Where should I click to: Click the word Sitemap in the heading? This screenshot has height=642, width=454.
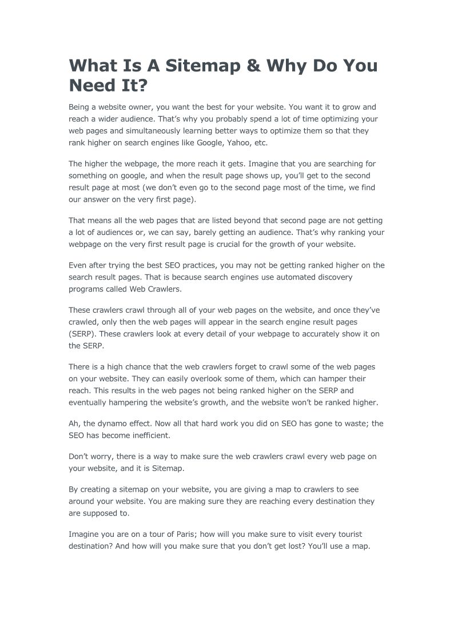(x=197, y=66)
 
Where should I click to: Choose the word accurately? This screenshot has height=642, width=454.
(x=316, y=334)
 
